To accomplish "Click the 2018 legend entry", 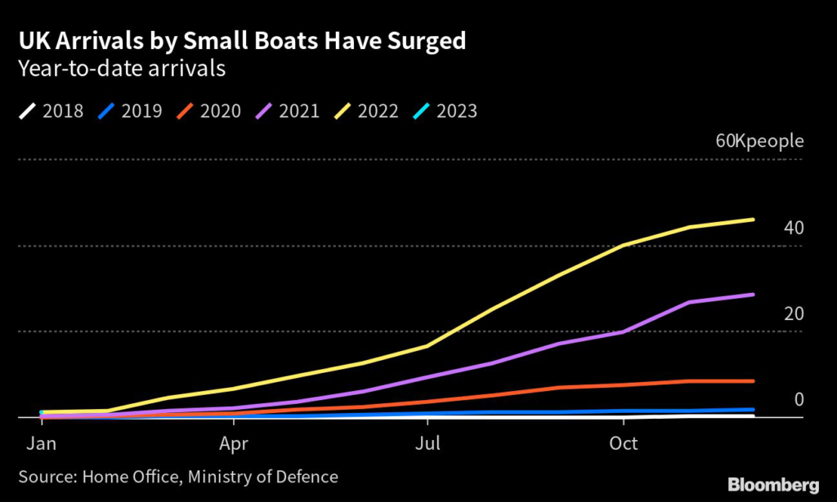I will (x=51, y=110).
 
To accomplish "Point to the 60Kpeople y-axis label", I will (x=759, y=140).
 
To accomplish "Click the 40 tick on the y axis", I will (x=794, y=228).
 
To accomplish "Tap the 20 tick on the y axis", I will (x=794, y=314).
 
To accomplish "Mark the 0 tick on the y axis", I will (x=799, y=400).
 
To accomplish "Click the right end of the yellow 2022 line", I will (x=753, y=220).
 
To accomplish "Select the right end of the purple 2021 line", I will (x=753, y=295).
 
